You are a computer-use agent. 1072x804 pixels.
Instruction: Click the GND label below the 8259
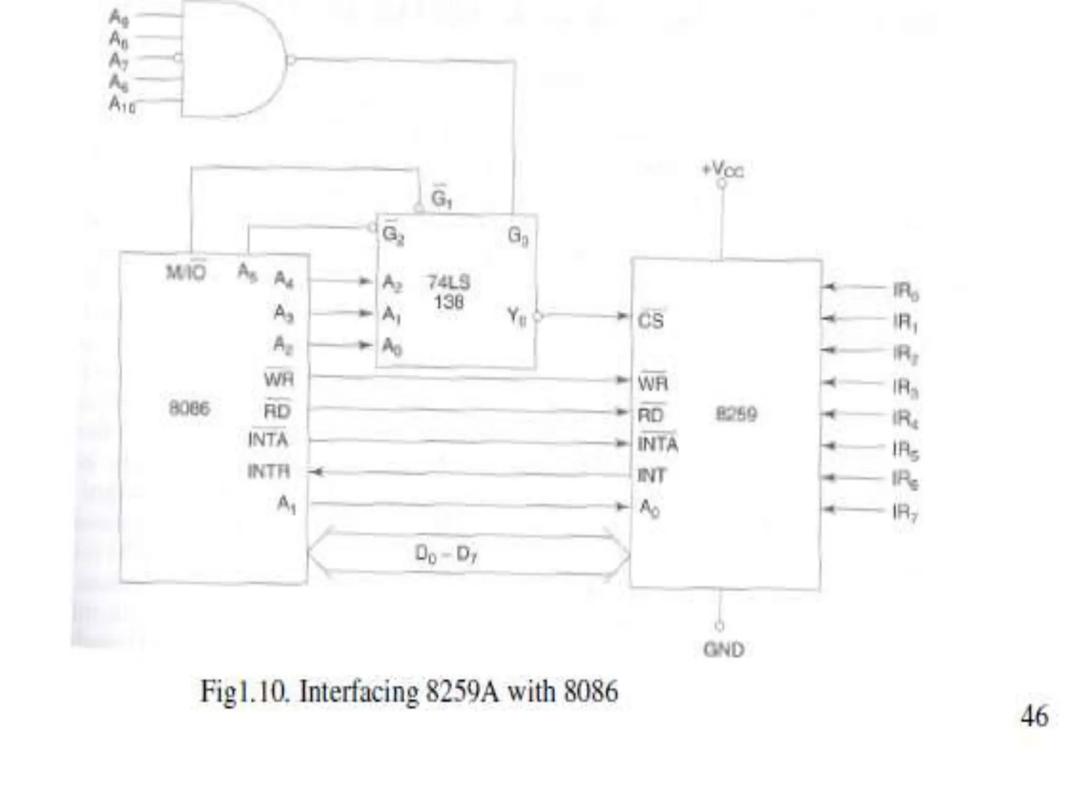(724, 650)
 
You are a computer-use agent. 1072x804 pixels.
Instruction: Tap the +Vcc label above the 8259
(722, 169)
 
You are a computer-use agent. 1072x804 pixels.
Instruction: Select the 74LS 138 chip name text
(449, 292)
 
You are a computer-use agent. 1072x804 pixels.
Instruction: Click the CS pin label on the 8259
(651, 320)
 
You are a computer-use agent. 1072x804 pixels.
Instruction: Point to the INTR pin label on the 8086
(269, 472)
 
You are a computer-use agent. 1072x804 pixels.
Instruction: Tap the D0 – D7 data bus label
(446, 554)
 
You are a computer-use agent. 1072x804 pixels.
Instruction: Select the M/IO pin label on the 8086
(186, 273)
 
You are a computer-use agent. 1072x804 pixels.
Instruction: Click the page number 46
(1034, 716)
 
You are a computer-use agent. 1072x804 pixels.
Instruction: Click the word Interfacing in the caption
(359, 691)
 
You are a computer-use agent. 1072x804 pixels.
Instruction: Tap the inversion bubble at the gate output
(291, 61)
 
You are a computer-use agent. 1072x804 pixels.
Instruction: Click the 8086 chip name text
(189, 408)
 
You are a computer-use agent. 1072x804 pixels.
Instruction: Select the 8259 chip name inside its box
(736, 415)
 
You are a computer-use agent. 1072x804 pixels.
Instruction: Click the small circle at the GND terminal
(720, 626)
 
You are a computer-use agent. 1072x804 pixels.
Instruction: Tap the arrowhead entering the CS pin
(622, 316)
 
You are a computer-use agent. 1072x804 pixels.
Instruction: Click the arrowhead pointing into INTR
(316, 472)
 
